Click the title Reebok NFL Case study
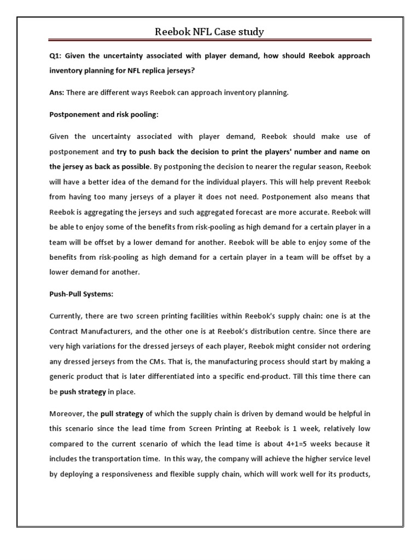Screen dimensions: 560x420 pyautogui.click(x=210, y=32)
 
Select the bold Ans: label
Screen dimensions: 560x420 pyautogui.click(x=57, y=93)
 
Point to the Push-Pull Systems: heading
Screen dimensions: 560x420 pyautogui.click(x=81, y=294)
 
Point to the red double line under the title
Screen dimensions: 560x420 pyautogui.click(x=210, y=40)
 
